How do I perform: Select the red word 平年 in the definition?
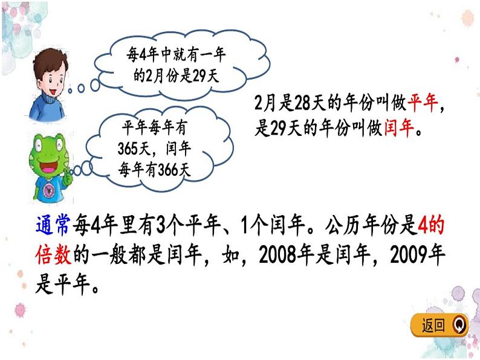tap(423, 104)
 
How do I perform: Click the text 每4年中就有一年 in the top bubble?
tap(174, 56)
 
